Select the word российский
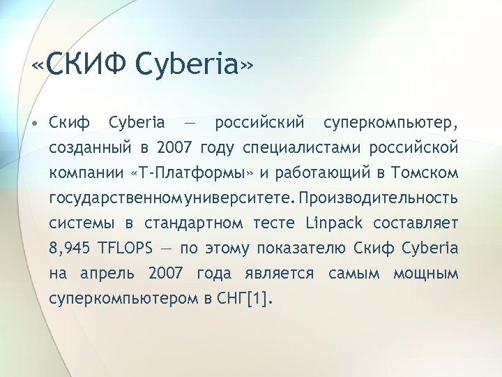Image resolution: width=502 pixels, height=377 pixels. [260, 124]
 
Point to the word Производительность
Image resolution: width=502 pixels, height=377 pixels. [379, 198]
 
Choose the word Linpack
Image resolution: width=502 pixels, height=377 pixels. [334, 223]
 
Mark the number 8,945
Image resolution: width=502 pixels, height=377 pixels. [68, 249]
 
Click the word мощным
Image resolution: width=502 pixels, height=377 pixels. [426, 274]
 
